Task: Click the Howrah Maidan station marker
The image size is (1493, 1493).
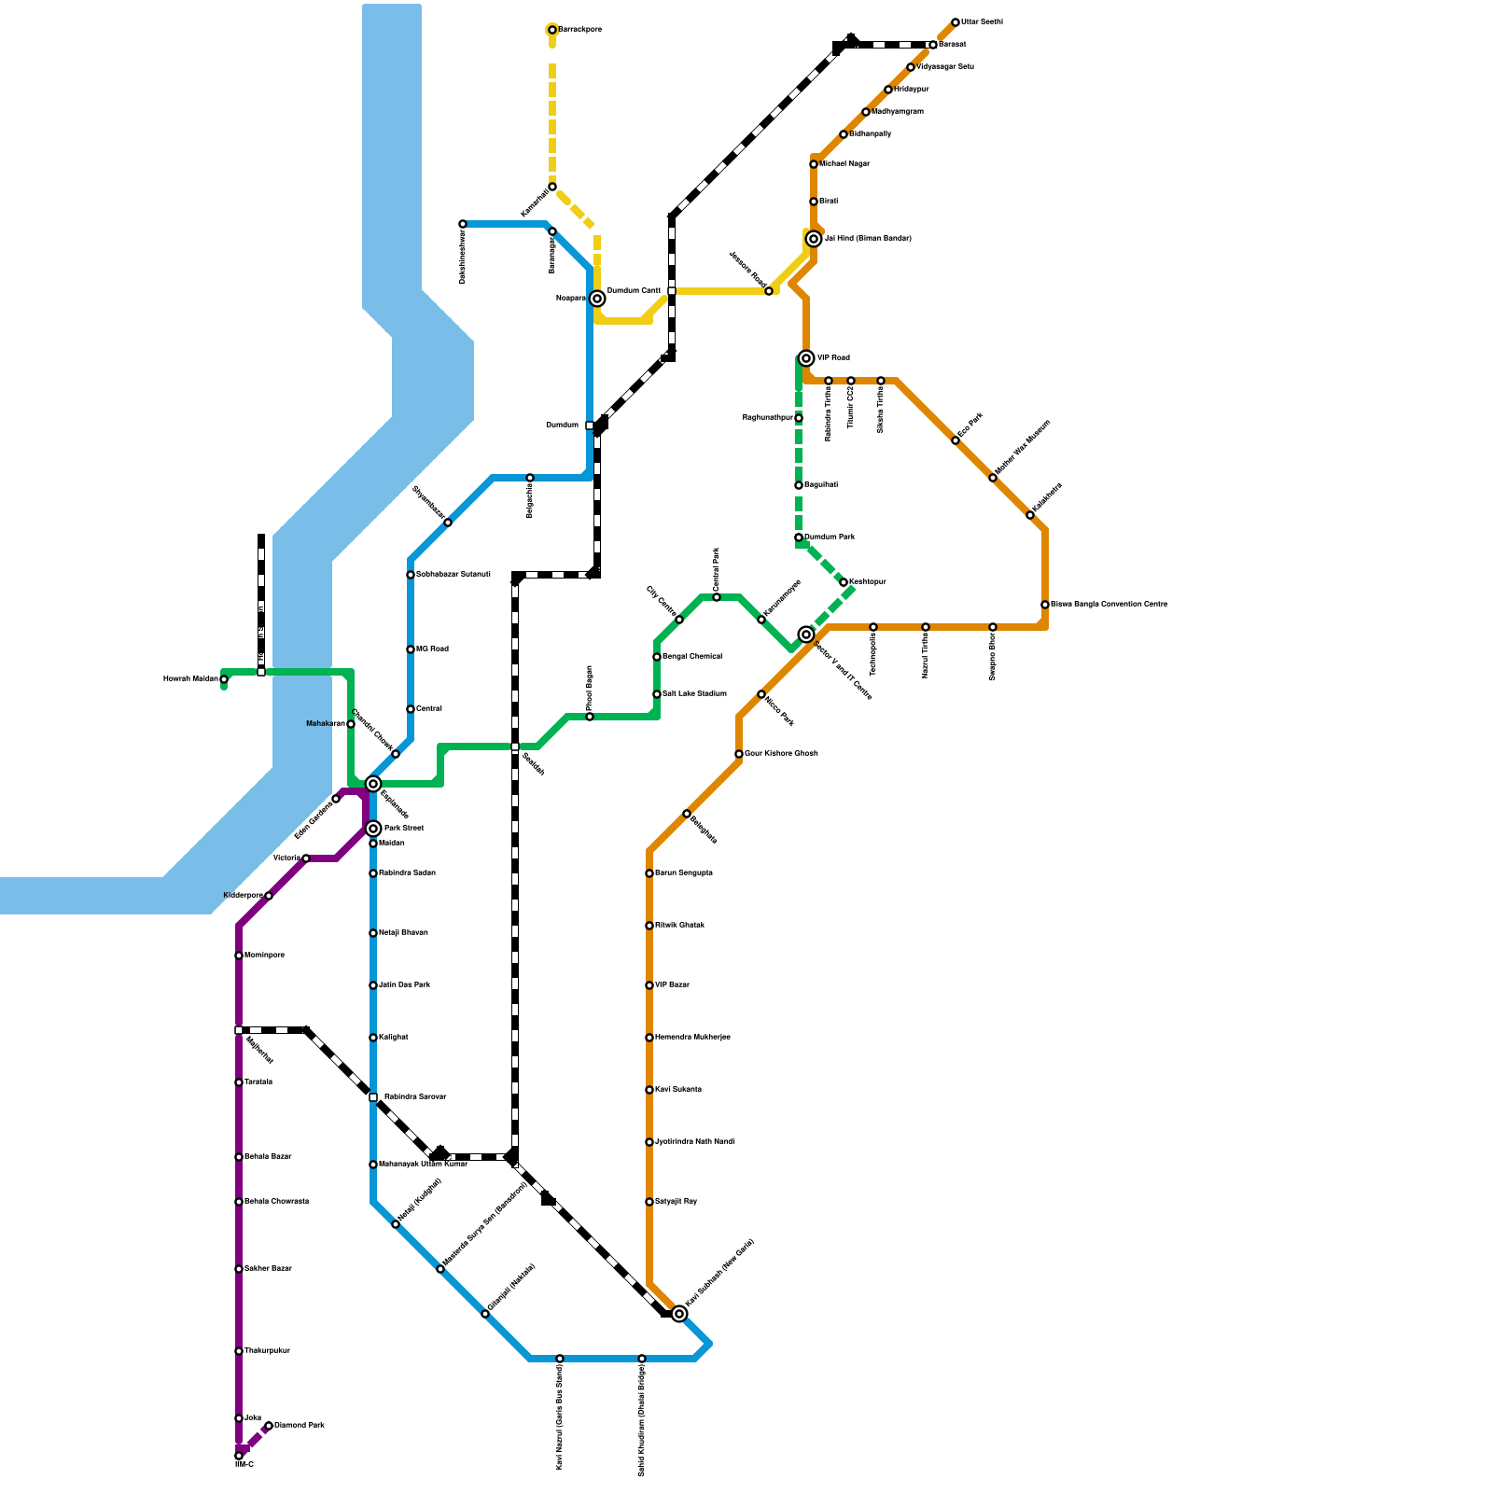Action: pyautogui.click(x=224, y=679)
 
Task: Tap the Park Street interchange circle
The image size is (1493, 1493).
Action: pyautogui.click(x=373, y=829)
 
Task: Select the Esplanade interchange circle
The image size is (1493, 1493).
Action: pyautogui.click(x=373, y=784)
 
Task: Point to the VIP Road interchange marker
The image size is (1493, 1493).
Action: pyautogui.click(x=806, y=358)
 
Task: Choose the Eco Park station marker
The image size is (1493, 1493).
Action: pyautogui.click(x=956, y=440)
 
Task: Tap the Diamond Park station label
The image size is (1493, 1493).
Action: pyautogui.click(x=300, y=1426)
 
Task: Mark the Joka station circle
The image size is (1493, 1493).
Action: pyautogui.click(x=239, y=1418)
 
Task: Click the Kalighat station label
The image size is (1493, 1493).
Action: pyautogui.click(x=393, y=1038)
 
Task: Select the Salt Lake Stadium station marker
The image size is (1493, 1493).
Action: pyautogui.click(x=657, y=694)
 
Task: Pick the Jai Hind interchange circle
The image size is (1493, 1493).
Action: pyautogui.click(x=814, y=239)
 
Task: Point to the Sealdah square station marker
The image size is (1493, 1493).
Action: pyautogui.click(x=515, y=746)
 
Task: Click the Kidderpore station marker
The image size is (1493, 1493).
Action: pyautogui.click(x=269, y=896)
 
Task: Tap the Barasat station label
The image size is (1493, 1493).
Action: pyautogui.click(x=952, y=45)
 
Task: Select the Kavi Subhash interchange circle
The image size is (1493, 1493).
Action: pyautogui.click(x=679, y=1314)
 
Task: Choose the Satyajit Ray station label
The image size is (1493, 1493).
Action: pyautogui.click(x=676, y=1202)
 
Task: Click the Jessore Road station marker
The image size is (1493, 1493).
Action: pyautogui.click(x=769, y=291)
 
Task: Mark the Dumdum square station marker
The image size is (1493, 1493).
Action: pyautogui.click(x=590, y=426)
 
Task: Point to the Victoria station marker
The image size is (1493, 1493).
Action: pyautogui.click(x=306, y=858)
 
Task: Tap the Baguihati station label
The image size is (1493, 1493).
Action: pyautogui.click(x=820, y=485)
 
